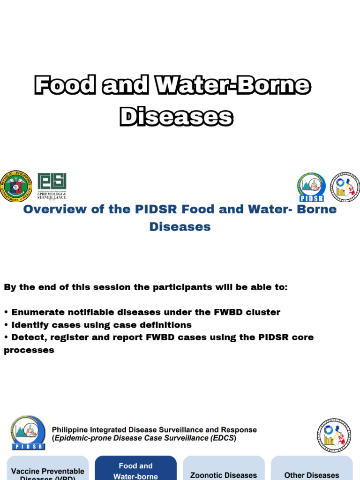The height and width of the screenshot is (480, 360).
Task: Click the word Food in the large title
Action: pyautogui.click(x=65, y=86)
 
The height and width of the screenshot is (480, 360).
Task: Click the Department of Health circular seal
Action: pyautogui.click(x=16, y=187)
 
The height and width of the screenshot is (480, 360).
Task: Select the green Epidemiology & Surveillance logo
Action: pyautogui.click(x=52, y=186)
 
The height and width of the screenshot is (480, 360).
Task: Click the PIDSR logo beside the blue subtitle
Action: pyautogui.click(x=311, y=187)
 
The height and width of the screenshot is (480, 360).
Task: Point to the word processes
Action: pyautogui.click(x=29, y=350)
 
